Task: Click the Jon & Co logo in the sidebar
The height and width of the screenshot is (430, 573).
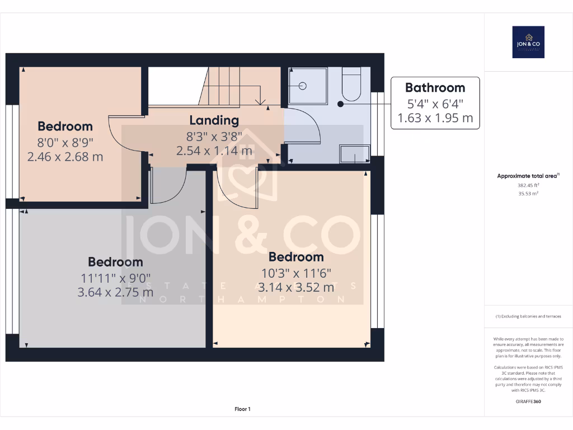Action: pyautogui.click(x=528, y=42)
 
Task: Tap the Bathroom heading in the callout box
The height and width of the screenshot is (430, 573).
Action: pyautogui.click(x=435, y=88)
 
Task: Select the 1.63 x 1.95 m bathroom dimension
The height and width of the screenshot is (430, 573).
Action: pyautogui.click(x=435, y=118)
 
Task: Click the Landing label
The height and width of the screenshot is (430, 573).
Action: pyautogui.click(x=214, y=120)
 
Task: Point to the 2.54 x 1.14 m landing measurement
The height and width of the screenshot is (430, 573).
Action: pyautogui.click(x=214, y=151)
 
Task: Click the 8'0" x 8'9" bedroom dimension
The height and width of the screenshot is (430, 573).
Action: pyautogui.click(x=65, y=142)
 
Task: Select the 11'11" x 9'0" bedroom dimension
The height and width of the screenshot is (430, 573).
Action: pyautogui.click(x=115, y=277)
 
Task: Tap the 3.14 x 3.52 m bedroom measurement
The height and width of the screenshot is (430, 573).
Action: pyautogui.click(x=296, y=288)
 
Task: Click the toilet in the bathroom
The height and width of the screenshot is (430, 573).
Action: pyautogui.click(x=353, y=84)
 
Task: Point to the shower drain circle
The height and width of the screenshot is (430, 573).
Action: pyautogui.click(x=303, y=86)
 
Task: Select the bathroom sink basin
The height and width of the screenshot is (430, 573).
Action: pyautogui.click(x=354, y=153)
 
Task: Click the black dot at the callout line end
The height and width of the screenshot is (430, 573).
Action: pyautogui.click(x=340, y=104)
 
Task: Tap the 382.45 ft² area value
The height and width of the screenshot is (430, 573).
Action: pyautogui.click(x=528, y=185)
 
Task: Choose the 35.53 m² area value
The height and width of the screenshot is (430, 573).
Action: pyautogui.click(x=528, y=193)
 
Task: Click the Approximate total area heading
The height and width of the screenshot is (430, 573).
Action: pyautogui.click(x=528, y=176)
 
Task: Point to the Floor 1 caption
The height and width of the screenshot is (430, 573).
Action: pyautogui.click(x=242, y=409)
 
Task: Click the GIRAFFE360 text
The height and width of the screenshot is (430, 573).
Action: pyautogui.click(x=528, y=401)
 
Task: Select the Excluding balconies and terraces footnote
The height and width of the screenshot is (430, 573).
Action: pyautogui.click(x=528, y=316)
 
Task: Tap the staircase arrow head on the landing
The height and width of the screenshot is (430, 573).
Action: pyautogui.click(x=260, y=101)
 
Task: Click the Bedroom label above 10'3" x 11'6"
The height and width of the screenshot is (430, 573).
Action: pyautogui.click(x=296, y=257)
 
